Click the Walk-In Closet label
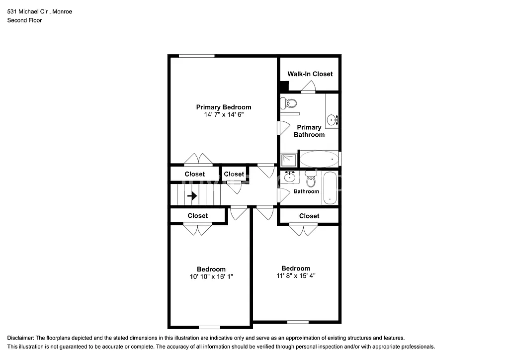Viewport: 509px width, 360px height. [x=310, y=74]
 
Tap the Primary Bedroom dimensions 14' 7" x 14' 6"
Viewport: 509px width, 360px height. [x=223, y=114]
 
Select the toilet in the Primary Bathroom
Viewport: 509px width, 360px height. [x=288, y=103]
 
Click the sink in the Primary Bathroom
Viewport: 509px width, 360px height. [x=333, y=119]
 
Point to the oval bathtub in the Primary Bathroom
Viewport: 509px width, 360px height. [x=319, y=159]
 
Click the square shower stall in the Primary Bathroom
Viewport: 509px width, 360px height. [x=288, y=160]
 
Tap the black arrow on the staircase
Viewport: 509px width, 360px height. [x=192, y=196]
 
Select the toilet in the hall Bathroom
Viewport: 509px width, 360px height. [x=311, y=179]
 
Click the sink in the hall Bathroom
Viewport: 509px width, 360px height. [x=289, y=177]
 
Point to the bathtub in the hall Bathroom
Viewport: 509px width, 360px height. [x=330, y=187]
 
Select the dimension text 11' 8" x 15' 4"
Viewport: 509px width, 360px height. [x=296, y=275]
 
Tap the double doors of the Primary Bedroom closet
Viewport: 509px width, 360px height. [x=198, y=160]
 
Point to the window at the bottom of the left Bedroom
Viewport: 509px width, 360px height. [x=209, y=327]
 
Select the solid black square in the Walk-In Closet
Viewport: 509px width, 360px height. [x=284, y=85]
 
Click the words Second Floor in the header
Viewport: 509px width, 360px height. [x=24, y=20]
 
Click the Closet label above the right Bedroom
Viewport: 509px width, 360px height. [x=309, y=216]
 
